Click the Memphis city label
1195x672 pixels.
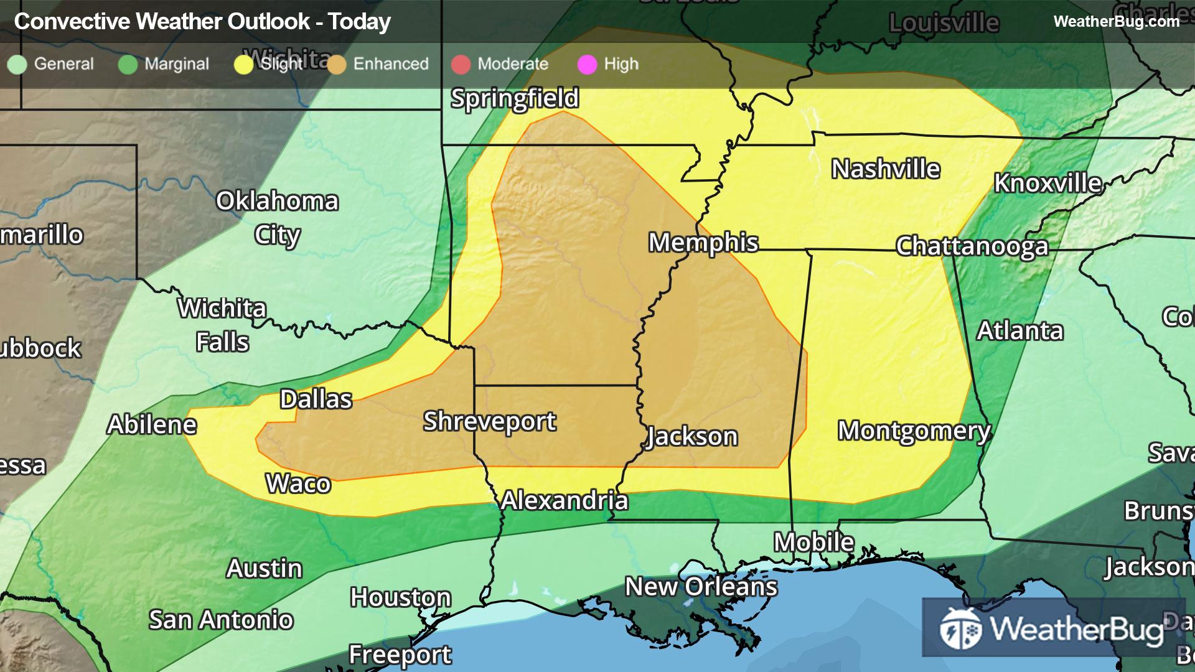[x=703, y=243]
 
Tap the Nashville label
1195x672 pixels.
[x=886, y=169]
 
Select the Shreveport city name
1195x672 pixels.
[x=490, y=422]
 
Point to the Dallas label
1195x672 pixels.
[x=316, y=399]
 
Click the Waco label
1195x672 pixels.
[x=298, y=483]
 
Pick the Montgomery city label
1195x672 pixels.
[x=914, y=431]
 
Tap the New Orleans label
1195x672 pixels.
[x=701, y=587]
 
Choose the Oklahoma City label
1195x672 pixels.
[x=277, y=218]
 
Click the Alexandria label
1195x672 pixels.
[x=565, y=501]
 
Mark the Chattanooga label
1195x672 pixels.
[x=972, y=247]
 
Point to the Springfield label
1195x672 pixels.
[x=515, y=98]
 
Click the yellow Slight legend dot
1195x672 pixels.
[x=243, y=64]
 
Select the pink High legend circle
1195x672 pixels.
[x=587, y=64]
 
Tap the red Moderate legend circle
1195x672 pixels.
[x=461, y=64]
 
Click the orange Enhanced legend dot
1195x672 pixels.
[x=337, y=64]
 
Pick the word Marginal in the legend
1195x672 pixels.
[x=177, y=64]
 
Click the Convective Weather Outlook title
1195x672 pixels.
[x=202, y=22]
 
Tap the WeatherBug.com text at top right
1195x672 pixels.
[x=1117, y=21]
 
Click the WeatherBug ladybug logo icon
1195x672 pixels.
[x=960, y=628]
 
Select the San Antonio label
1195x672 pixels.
[x=221, y=620]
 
